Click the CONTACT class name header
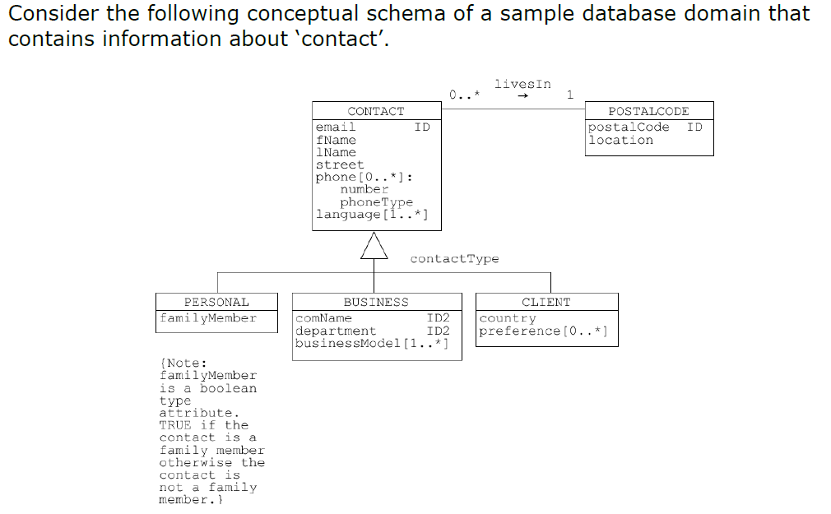click(376, 111)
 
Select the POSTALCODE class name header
click(648, 111)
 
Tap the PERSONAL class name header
click(216, 302)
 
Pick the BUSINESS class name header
click(376, 302)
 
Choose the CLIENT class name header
click(545, 302)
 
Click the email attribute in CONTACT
click(336, 127)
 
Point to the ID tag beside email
click(422, 127)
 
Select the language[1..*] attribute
click(370, 215)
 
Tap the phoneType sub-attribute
click(377, 202)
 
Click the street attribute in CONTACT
click(340, 164)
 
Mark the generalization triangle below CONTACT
click(374, 245)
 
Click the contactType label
click(454, 259)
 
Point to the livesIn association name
click(522, 84)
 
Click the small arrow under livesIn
click(523, 96)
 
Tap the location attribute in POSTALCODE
click(620, 141)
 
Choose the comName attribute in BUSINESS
click(323, 318)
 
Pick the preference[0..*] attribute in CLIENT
click(544, 331)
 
